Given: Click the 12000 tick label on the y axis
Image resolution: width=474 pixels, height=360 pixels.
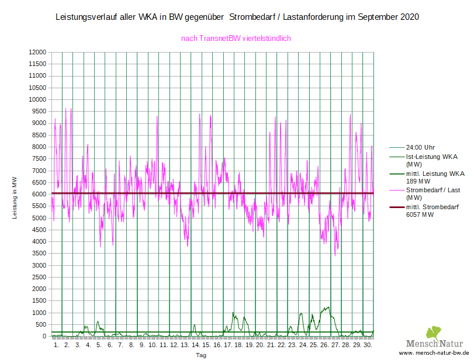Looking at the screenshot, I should (37, 52).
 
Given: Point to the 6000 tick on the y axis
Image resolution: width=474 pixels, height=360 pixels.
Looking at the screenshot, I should (39, 194).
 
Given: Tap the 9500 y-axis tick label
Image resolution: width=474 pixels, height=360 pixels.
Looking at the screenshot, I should (39, 111).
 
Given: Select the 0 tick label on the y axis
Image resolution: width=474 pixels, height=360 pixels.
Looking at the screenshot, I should (44, 336).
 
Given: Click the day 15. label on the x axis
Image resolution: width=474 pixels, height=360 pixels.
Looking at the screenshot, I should (206, 345).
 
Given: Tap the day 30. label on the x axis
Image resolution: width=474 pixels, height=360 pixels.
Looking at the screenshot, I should (368, 345).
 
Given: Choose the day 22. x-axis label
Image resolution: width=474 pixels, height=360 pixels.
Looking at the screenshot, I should (282, 345).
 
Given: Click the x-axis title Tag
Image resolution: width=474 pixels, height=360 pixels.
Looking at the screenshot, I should (200, 355).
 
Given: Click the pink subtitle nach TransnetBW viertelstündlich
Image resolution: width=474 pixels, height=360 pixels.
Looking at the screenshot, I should (236, 39).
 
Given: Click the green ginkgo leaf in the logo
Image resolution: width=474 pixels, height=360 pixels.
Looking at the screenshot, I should (434, 333).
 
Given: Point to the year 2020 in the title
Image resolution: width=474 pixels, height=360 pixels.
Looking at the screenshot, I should (410, 17).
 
